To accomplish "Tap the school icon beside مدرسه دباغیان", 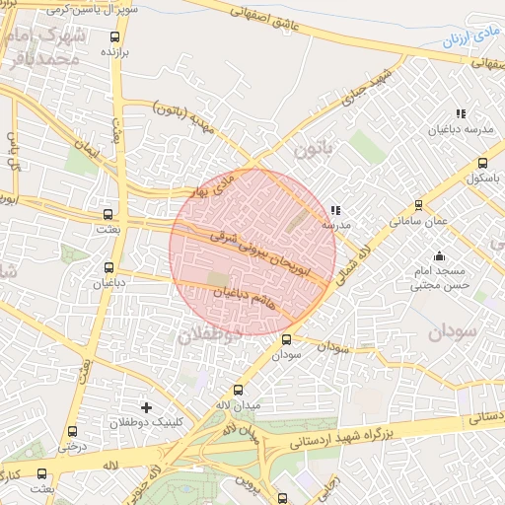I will [460, 114].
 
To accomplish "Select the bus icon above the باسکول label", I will [482, 164].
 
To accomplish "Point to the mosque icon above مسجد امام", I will [439, 256].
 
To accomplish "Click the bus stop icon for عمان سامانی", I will [419, 206].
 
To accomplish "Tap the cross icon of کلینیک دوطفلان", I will [147, 407].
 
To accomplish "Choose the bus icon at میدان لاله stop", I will [238, 391].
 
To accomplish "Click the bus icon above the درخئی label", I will [71, 431].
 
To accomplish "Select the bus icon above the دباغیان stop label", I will [108, 267].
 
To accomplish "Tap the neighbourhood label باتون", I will [309, 150].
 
